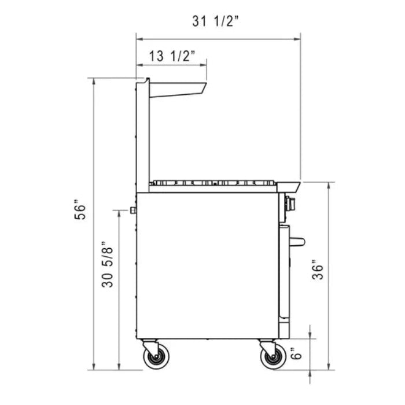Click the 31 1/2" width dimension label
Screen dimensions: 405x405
click(x=215, y=21)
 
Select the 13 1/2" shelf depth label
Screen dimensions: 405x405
click(x=172, y=56)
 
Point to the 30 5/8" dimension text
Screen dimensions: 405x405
click(x=106, y=265)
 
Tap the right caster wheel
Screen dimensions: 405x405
click(x=273, y=357)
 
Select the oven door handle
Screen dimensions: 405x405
click(x=297, y=241)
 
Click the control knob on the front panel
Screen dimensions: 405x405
click(x=290, y=203)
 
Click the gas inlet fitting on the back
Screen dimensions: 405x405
click(x=133, y=209)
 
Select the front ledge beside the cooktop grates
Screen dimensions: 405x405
click(x=289, y=186)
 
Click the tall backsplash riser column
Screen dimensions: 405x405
click(x=142, y=133)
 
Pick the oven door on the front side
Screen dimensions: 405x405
click(x=283, y=272)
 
